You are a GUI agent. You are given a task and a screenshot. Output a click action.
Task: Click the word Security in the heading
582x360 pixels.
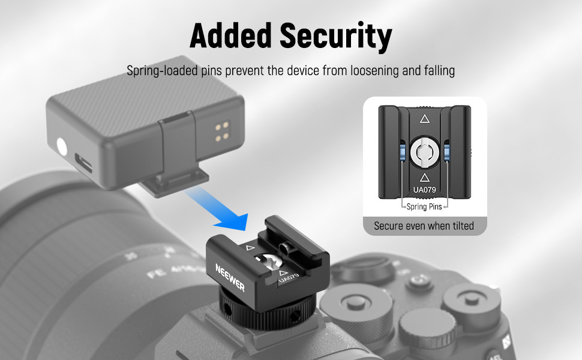point(336,37)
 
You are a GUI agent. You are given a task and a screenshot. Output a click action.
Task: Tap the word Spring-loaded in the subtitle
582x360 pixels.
point(162,71)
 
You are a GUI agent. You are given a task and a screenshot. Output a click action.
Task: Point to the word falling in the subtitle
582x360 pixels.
point(439,71)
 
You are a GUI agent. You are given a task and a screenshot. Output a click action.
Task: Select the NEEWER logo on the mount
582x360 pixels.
point(230,277)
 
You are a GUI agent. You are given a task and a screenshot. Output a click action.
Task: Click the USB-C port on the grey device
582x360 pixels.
point(83,164)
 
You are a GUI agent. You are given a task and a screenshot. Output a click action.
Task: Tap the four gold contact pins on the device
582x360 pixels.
point(222,133)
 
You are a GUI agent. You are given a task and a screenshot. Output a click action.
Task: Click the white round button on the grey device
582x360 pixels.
point(62,147)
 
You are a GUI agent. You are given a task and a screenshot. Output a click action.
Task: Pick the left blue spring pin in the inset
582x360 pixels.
point(403,151)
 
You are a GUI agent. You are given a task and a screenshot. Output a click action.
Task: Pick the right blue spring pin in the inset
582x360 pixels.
point(446,151)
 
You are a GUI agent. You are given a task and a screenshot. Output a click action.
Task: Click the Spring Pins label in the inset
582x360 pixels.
point(424,207)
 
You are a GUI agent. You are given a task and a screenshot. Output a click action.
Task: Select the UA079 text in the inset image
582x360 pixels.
point(425,190)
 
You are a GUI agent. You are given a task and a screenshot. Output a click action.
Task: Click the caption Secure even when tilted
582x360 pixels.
point(424,226)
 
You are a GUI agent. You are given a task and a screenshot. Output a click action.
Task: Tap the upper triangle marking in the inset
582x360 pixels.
point(425,119)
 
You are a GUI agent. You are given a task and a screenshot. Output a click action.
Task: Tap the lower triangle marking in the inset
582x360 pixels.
point(425,177)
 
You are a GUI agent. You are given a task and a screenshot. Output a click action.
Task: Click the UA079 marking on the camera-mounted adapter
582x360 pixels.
point(289,278)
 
